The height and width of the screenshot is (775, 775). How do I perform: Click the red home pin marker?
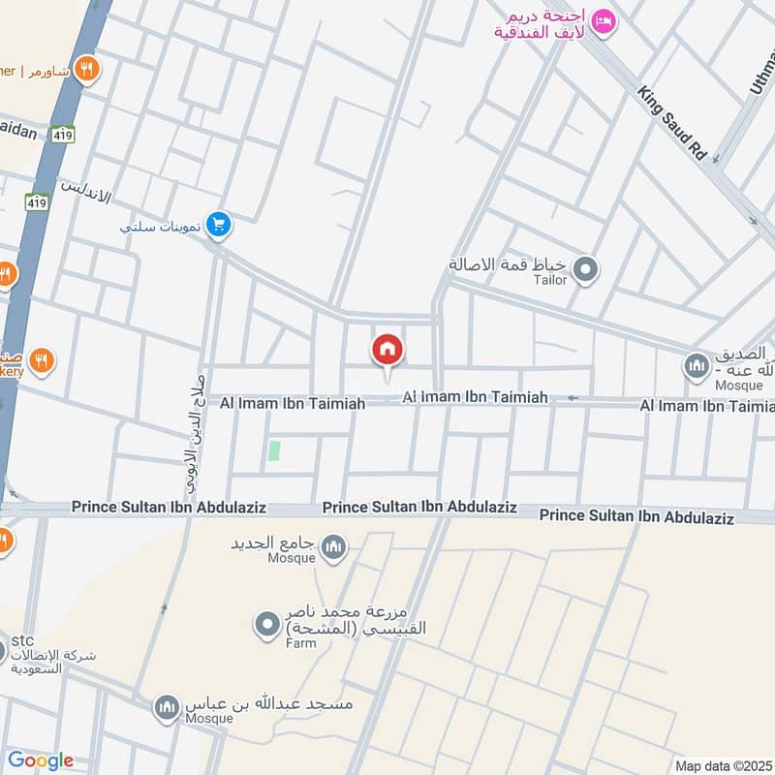(387, 351)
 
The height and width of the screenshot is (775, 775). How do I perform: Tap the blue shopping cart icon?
(220, 225)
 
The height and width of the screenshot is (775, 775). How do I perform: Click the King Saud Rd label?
(670, 123)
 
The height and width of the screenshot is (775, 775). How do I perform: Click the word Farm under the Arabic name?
(300, 642)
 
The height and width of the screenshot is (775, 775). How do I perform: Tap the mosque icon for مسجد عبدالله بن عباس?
(167, 707)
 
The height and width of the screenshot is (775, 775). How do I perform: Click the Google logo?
(40, 760)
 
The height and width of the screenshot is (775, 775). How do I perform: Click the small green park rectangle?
(274, 450)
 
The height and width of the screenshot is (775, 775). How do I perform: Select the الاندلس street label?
(86, 190)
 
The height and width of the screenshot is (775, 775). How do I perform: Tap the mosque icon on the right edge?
(696, 366)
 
